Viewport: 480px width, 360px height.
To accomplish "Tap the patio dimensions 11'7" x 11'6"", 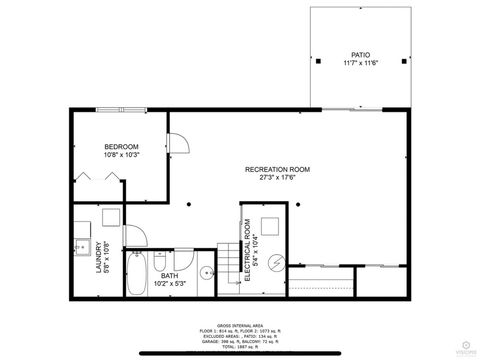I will coord(360,63).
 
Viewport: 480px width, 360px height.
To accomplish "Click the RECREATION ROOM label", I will coord(277,169).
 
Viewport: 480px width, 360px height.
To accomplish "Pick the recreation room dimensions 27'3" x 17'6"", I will coord(277,178).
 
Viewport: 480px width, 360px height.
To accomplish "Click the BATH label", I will coord(170,275).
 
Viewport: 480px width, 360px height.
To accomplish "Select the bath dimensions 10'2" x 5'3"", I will coord(170,283).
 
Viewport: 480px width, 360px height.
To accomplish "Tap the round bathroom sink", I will coord(205,269).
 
